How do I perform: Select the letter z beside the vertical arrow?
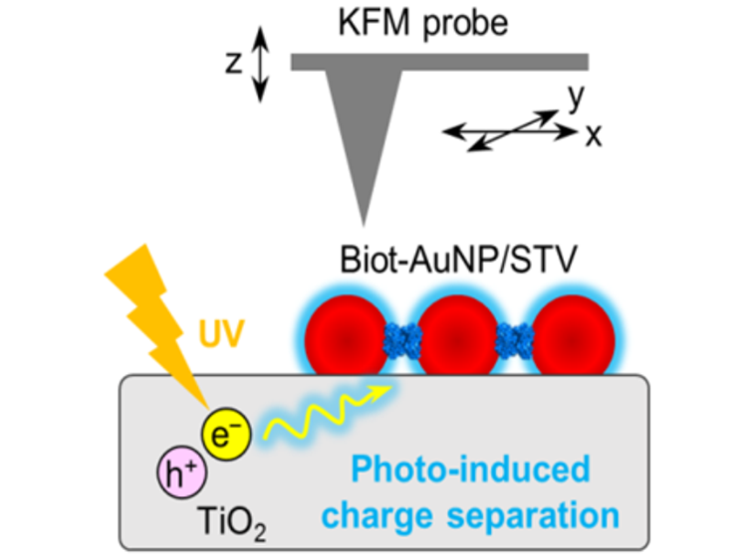(233, 63)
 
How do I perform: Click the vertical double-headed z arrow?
(261, 64)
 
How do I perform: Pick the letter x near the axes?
(594, 133)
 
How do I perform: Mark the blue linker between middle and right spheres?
(515, 338)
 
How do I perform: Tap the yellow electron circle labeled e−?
(221, 431)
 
